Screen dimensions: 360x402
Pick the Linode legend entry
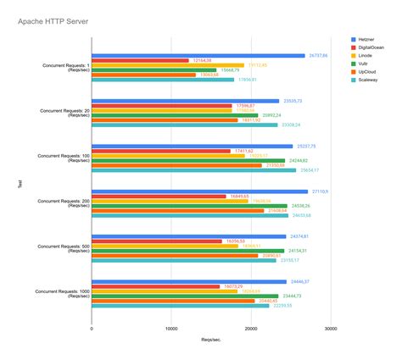pyautogui.click(x=364, y=61)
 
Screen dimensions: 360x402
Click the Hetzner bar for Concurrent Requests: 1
pyautogui.click(x=198, y=55)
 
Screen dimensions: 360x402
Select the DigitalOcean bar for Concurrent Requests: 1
pyautogui.click(x=140, y=60)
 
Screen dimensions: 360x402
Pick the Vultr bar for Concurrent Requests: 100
pyautogui.click(x=188, y=159)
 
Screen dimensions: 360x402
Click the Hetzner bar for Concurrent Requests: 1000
pyautogui.click(x=189, y=280)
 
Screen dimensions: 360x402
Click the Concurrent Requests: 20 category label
pyautogui.click(x=60, y=113)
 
